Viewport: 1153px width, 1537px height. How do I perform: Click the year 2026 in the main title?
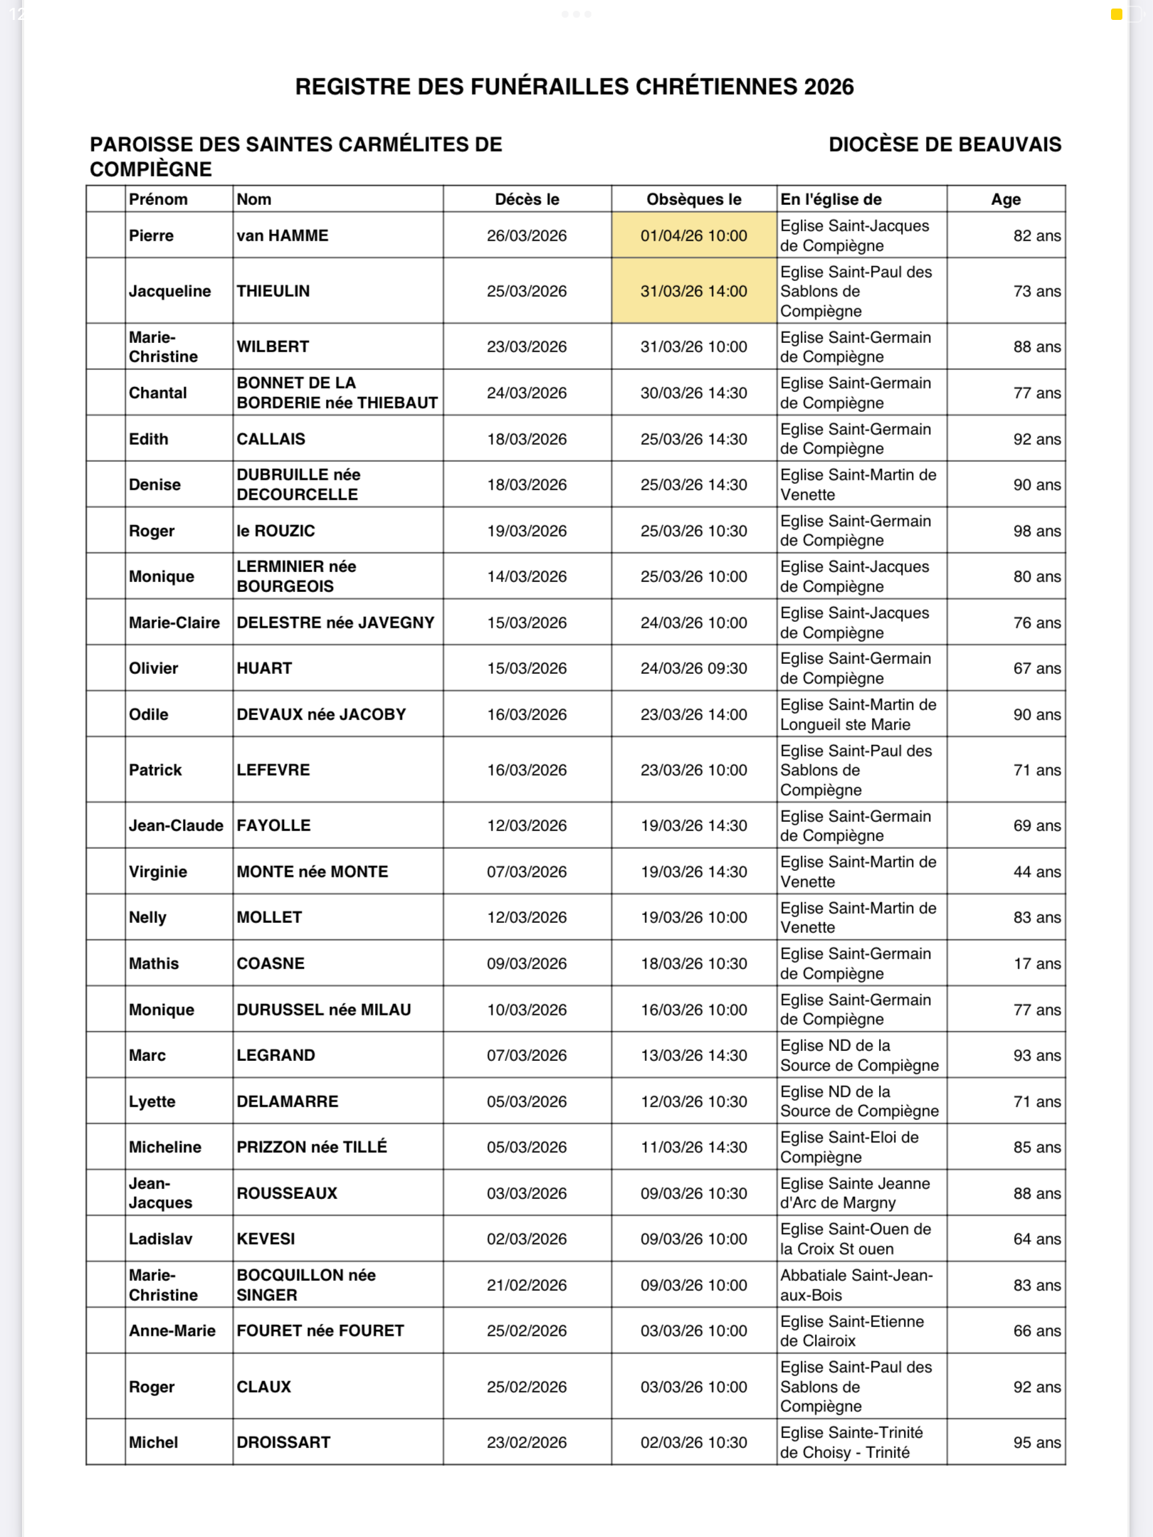[x=828, y=87]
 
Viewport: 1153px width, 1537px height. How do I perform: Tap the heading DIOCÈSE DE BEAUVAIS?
[x=944, y=144]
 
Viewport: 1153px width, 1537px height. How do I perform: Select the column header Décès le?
[x=527, y=199]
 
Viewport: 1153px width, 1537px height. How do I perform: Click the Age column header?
[x=1006, y=199]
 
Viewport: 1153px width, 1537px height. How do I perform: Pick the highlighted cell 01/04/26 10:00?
[x=693, y=236]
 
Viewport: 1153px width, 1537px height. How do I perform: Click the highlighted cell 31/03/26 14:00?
[x=693, y=291]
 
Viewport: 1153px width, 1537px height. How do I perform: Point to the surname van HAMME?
[x=283, y=236]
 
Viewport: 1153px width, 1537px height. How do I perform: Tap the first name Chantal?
[x=158, y=393]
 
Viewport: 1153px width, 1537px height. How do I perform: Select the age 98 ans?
[x=1036, y=531]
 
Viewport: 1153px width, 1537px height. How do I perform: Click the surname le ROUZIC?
[x=275, y=531]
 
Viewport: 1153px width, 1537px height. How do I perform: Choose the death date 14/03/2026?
[x=527, y=576]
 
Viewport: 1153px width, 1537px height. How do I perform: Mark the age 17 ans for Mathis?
[x=1036, y=963]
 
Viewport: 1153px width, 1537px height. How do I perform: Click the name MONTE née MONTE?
[x=312, y=872]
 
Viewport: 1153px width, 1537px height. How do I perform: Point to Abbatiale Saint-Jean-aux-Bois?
[x=856, y=1285]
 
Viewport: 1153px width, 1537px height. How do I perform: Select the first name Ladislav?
[x=161, y=1239]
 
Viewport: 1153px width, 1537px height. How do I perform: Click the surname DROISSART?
[x=283, y=1442]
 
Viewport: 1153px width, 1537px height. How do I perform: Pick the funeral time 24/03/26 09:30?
[x=693, y=668]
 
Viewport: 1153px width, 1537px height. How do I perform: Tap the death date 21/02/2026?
[x=527, y=1285]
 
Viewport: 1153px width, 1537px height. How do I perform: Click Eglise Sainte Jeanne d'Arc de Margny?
[x=855, y=1193]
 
